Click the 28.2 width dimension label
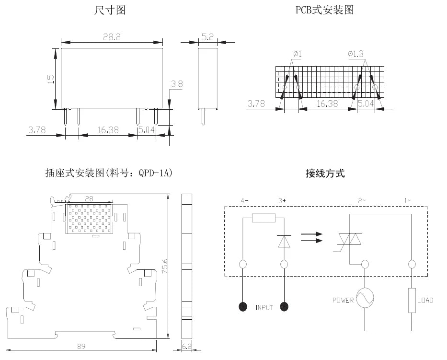point(112,37)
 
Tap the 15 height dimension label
point(51,79)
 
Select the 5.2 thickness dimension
point(207,37)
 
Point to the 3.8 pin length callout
point(177,84)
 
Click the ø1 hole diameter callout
point(298,54)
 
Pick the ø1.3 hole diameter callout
point(356,54)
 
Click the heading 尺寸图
point(110,10)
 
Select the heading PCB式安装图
point(325,10)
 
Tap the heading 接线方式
point(325,173)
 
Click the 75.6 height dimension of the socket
point(165,266)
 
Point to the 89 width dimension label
point(81,346)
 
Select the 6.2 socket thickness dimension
point(187,346)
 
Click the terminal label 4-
point(244,201)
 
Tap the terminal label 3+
point(282,201)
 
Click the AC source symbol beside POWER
point(365,298)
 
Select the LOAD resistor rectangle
point(412,301)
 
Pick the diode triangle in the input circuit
point(284,241)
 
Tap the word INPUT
point(264,308)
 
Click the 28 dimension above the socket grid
point(89,198)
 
